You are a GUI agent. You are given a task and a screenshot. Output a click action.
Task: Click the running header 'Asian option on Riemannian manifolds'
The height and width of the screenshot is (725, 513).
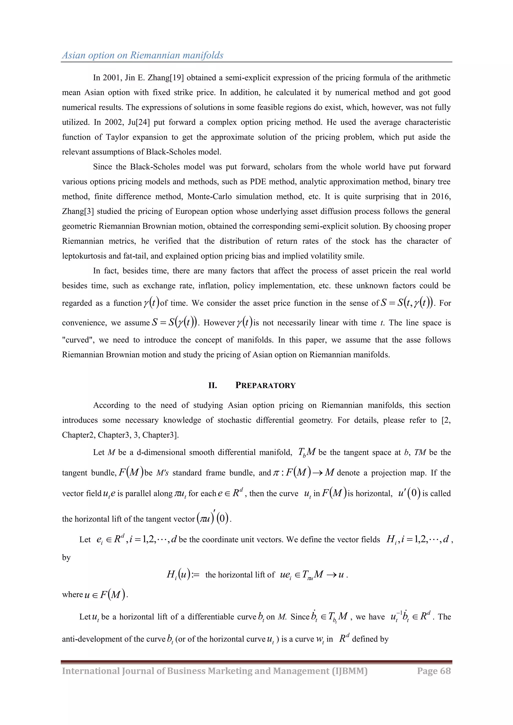point(143,55)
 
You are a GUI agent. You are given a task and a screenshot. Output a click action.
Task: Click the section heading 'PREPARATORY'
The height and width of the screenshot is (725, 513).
point(265,385)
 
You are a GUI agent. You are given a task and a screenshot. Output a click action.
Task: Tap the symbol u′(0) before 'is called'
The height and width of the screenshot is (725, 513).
point(409,493)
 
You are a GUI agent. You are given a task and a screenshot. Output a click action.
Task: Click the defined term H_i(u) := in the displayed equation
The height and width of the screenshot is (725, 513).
point(183,574)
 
